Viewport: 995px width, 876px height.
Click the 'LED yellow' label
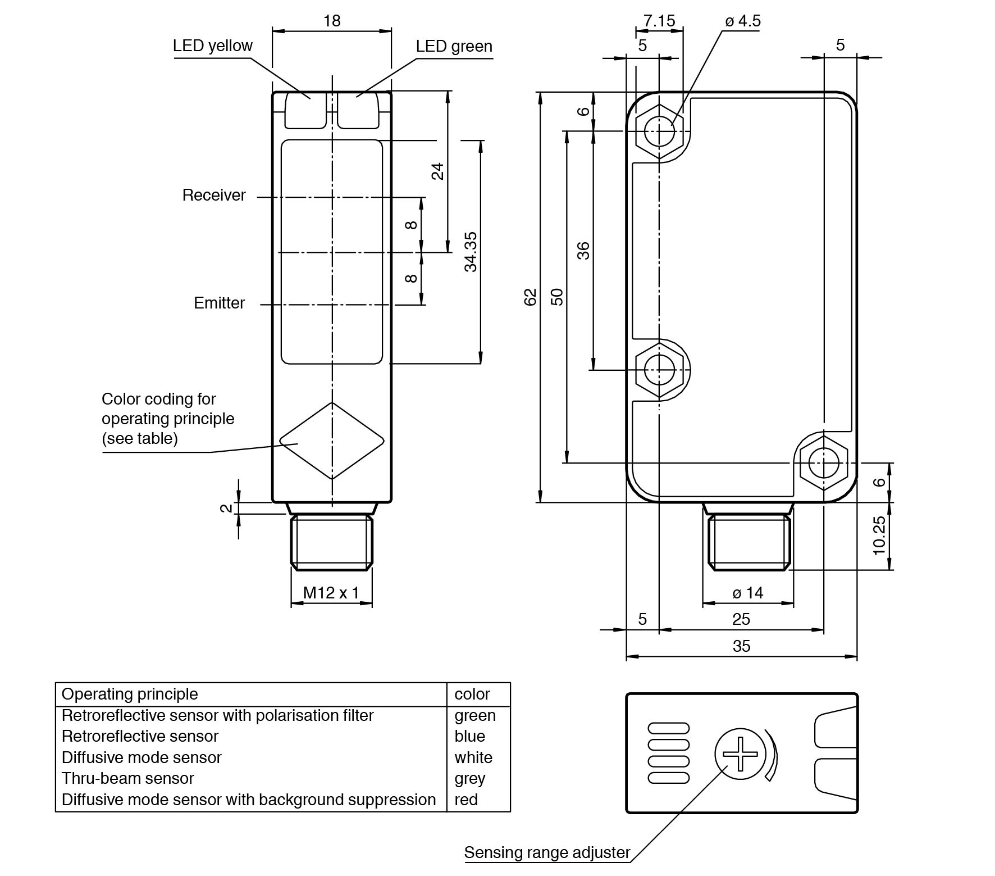[212, 46]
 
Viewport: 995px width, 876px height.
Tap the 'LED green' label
[454, 46]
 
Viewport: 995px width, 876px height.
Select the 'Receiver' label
[214, 195]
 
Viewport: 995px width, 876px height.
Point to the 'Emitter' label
[219, 303]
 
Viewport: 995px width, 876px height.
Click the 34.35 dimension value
[471, 251]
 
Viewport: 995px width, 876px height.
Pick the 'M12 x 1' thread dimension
[331, 592]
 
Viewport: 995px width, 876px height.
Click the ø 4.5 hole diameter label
[742, 21]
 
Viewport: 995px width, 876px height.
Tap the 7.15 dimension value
[659, 21]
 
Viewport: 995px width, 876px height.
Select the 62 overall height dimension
[530, 297]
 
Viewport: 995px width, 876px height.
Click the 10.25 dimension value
[879, 535]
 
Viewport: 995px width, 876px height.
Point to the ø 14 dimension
[748, 592]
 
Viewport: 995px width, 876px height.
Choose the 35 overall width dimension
[741, 646]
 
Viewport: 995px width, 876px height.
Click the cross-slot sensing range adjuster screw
[740, 754]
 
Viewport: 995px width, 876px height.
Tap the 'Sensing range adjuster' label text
[547, 852]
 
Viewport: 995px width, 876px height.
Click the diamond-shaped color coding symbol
[332, 441]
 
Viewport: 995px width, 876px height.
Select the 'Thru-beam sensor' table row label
[127, 778]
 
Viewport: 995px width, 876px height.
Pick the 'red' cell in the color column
[466, 800]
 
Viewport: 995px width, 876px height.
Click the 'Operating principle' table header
[130, 694]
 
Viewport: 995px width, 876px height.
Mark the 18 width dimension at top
[331, 21]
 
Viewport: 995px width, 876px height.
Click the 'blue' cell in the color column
[469, 736]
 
